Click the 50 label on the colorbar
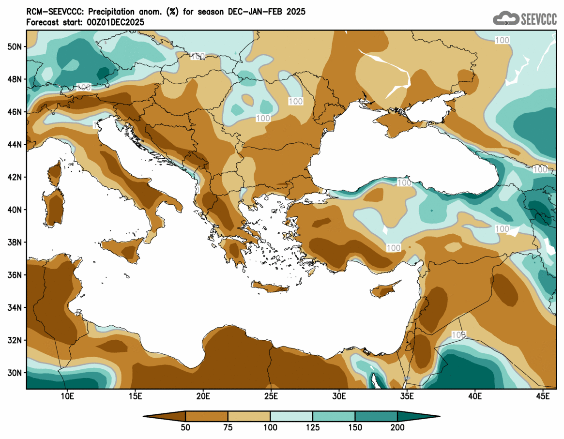point(185,428)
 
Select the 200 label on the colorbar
point(397,428)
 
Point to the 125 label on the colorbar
point(313,428)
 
